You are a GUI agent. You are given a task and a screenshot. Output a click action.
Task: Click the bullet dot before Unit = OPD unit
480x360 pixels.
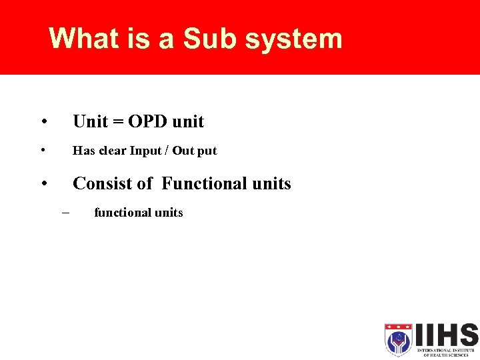point(43,122)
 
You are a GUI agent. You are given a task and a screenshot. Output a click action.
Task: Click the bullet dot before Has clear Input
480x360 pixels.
point(43,151)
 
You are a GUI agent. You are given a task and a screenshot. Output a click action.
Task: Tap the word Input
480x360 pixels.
point(145,151)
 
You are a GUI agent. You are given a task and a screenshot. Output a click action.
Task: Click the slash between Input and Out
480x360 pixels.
point(167,151)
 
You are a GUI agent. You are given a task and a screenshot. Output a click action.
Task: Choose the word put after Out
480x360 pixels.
point(207,151)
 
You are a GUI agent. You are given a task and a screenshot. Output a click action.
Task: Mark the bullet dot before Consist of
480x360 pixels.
point(43,183)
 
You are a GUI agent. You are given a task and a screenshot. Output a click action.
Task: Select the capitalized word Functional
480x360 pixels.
point(204,183)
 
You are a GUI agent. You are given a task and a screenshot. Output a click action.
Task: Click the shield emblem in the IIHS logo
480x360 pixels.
point(398,339)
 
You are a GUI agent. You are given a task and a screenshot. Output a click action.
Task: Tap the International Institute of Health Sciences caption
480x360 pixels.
point(445,352)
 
